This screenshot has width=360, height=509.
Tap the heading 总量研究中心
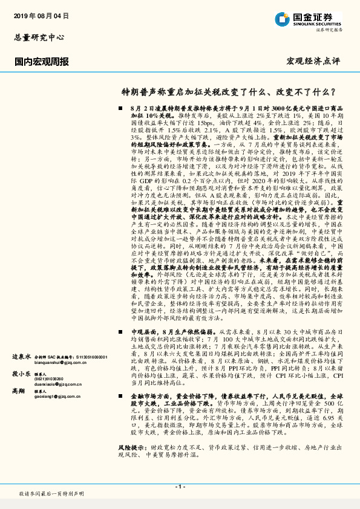[39, 37]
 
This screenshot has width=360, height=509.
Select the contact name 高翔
[19, 392]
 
